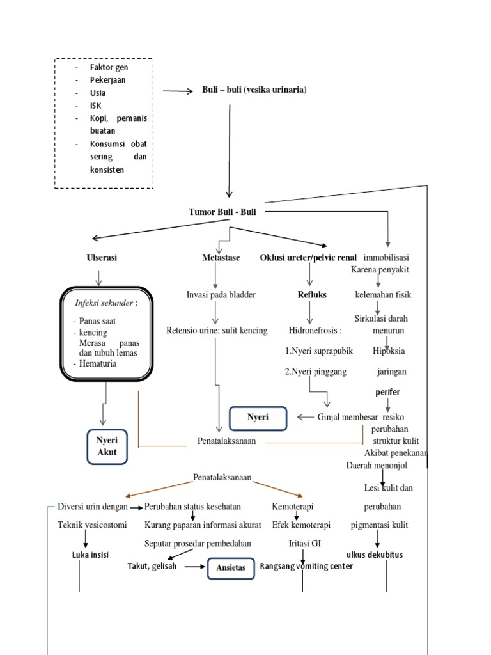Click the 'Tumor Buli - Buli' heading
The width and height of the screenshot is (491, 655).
click(222, 212)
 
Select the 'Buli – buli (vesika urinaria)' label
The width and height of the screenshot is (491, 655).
click(254, 90)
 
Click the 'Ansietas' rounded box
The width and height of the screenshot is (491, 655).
click(231, 567)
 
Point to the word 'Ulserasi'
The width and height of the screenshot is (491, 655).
click(102, 258)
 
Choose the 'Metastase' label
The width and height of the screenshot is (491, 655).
click(221, 258)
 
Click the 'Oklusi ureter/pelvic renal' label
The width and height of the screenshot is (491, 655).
click(308, 258)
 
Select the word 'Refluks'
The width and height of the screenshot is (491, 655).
click(312, 295)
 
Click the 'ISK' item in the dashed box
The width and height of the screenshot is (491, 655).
click(96, 106)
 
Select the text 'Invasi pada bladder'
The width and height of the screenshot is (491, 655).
click(221, 295)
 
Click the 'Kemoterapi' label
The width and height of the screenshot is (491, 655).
click(292, 507)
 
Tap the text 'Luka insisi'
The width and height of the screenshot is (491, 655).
click(90, 555)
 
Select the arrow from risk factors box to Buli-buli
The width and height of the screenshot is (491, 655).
click(178, 91)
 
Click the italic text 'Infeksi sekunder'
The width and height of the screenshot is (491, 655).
click(104, 303)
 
